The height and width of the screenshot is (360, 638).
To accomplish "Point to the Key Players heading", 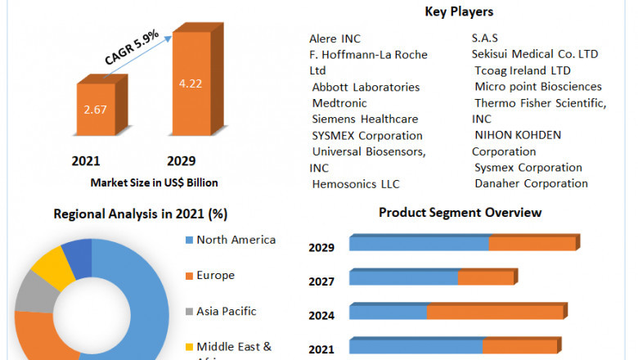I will [459, 11].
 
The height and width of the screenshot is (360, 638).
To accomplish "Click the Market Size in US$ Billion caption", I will [155, 182].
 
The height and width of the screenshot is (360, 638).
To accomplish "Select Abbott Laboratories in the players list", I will [366, 87].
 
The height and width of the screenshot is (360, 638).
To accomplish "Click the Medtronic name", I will [339, 103].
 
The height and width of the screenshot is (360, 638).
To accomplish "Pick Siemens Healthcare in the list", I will [365, 119].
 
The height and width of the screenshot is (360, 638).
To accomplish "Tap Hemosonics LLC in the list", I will [356, 184].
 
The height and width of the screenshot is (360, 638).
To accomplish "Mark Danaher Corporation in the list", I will [531, 183].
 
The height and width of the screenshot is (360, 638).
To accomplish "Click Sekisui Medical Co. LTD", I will [535, 54].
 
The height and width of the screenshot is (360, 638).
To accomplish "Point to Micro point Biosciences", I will [537, 87].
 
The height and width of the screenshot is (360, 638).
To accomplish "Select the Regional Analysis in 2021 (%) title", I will [141, 214].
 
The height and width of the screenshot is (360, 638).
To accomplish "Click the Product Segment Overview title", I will [460, 213].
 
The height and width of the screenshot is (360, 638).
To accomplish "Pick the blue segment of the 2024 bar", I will [388, 313].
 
